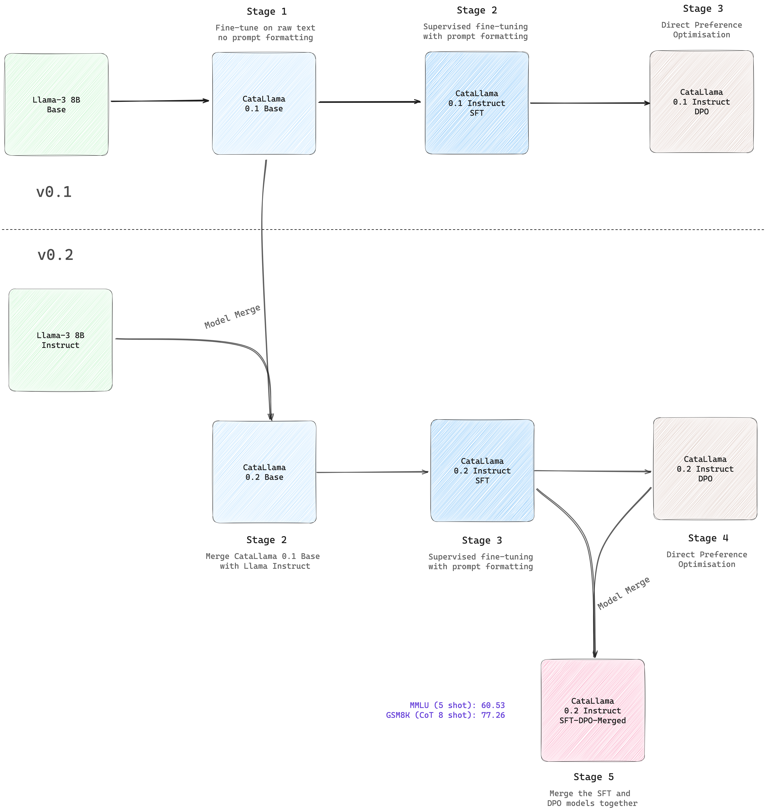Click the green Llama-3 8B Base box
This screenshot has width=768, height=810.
(x=57, y=104)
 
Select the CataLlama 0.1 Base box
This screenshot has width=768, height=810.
(x=264, y=103)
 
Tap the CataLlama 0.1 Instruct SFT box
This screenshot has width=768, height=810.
(x=477, y=103)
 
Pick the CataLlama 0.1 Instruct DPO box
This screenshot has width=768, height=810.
(x=702, y=102)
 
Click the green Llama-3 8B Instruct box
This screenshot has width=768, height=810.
(x=61, y=340)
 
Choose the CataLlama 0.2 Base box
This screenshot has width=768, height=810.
(x=265, y=472)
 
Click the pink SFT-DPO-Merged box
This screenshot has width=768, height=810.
(x=593, y=711)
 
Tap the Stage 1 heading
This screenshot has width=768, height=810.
(x=267, y=12)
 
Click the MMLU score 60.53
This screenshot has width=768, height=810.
(x=493, y=705)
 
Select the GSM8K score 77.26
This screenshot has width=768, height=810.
(x=493, y=715)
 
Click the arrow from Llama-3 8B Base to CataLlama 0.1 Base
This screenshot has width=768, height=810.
(x=160, y=101)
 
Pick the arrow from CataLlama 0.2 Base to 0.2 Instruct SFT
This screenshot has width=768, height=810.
(x=372, y=472)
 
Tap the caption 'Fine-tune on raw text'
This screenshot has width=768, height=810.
(x=265, y=28)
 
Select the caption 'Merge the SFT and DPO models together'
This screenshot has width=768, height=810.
(x=592, y=798)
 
